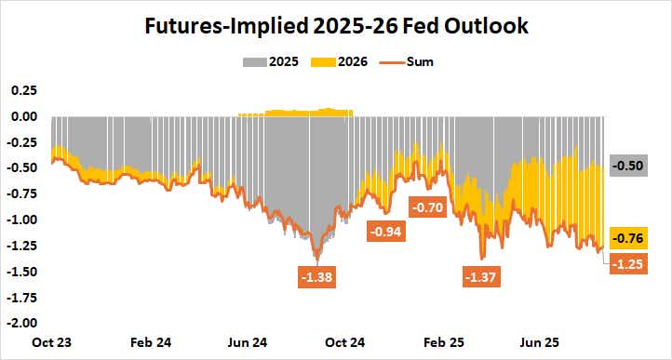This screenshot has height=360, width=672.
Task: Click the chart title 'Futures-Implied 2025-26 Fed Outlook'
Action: click(336, 27)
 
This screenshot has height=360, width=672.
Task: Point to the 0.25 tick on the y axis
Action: click(23, 90)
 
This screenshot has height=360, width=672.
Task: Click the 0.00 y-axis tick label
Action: click(23, 116)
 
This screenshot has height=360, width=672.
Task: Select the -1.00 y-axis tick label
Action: click(21, 220)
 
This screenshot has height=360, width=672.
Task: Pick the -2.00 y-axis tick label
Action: click(21, 323)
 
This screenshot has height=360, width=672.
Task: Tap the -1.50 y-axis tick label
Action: click(21, 271)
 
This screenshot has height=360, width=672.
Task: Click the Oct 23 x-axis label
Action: click(51, 341)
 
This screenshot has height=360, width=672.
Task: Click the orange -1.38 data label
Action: click(317, 276)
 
